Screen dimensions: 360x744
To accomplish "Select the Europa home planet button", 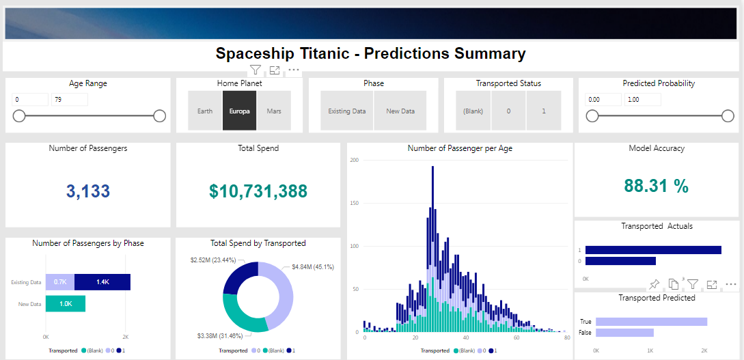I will [x=239, y=111].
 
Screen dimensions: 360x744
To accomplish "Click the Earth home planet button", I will [x=205, y=111].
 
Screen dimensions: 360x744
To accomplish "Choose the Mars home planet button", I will [x=274, y=111].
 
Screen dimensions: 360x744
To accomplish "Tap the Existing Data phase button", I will [x=347, y=111].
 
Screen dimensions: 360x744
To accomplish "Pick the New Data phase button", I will [x=400, y=111].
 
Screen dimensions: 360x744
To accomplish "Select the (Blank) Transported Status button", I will [x=473, y=111].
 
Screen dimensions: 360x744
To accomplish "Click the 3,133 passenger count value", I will [x=88, y=191].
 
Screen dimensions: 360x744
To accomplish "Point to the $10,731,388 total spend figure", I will [x=258, y=191].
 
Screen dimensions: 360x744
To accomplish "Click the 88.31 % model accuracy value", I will [x=656, y=186].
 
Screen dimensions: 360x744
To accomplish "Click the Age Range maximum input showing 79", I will [x=69, y=100].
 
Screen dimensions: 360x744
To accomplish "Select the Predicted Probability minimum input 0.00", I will [x=603, y=100].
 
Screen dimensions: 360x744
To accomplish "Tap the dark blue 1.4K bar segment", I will [x=102, y=282].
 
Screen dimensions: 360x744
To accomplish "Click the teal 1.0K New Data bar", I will [x=66, y=304].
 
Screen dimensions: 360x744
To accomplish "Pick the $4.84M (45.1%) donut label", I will [x=312, y=266].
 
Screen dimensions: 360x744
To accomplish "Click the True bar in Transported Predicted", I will [x=651, y=322].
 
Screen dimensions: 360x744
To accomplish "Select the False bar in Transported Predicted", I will [x=624, y=333].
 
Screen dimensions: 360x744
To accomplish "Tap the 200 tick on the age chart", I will [x=354, y=160].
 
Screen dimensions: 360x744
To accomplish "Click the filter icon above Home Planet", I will [x=255, y=70].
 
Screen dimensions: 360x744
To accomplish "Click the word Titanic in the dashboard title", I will [x=328, y=53].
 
